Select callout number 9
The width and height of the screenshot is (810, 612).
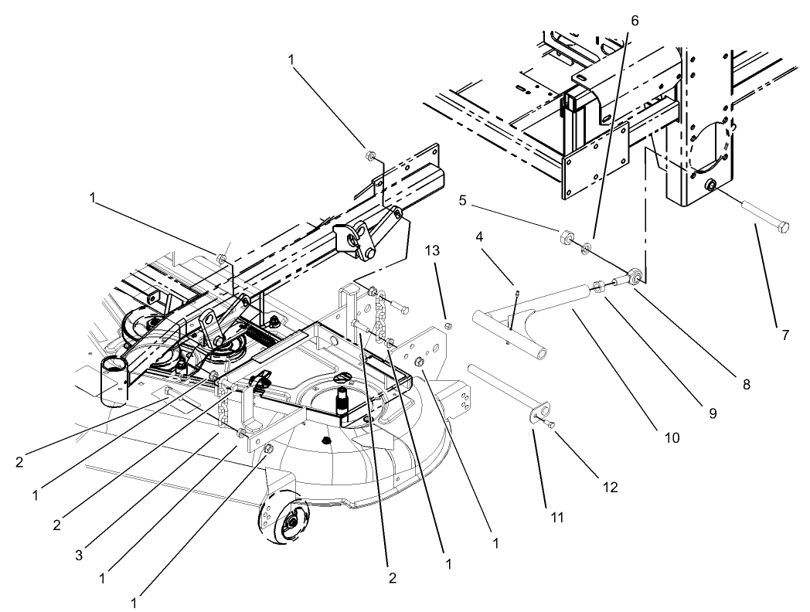pyautogui.click(x=712, y=413)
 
